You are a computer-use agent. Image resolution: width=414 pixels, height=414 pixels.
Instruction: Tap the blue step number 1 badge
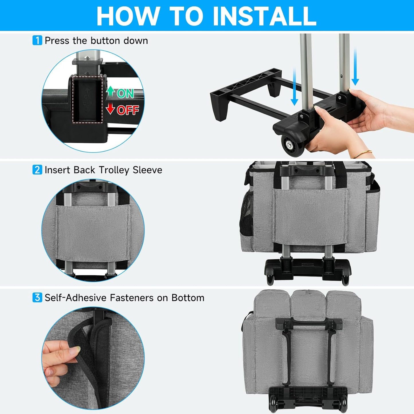(37, 40)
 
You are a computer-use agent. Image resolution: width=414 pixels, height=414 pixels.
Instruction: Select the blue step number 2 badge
(37, 170)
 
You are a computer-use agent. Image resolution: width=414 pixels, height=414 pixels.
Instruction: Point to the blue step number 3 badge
(37, 298)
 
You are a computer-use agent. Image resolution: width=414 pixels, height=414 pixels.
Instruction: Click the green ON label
(125, 93)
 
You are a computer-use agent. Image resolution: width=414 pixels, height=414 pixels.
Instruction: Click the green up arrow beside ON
(111, 91)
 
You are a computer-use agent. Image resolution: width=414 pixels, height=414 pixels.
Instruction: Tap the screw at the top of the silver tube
(87, 58)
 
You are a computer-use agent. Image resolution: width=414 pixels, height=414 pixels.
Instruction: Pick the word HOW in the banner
(127, 16)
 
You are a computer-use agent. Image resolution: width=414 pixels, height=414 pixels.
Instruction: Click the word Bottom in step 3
(188, 298)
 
